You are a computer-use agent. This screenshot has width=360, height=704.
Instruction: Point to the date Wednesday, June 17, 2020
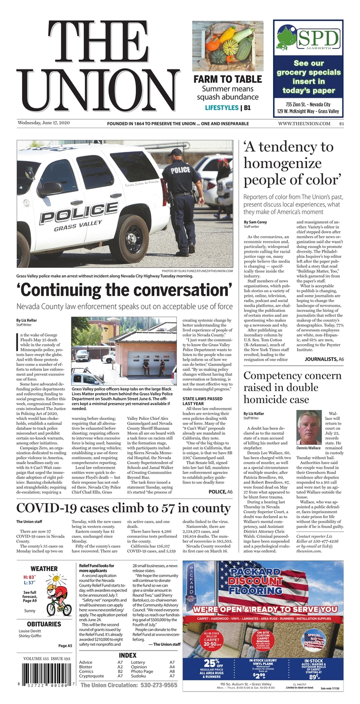point(44,123)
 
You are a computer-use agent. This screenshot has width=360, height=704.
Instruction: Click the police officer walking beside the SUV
point(183,201)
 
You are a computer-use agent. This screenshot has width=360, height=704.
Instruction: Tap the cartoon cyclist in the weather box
point(58,600)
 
